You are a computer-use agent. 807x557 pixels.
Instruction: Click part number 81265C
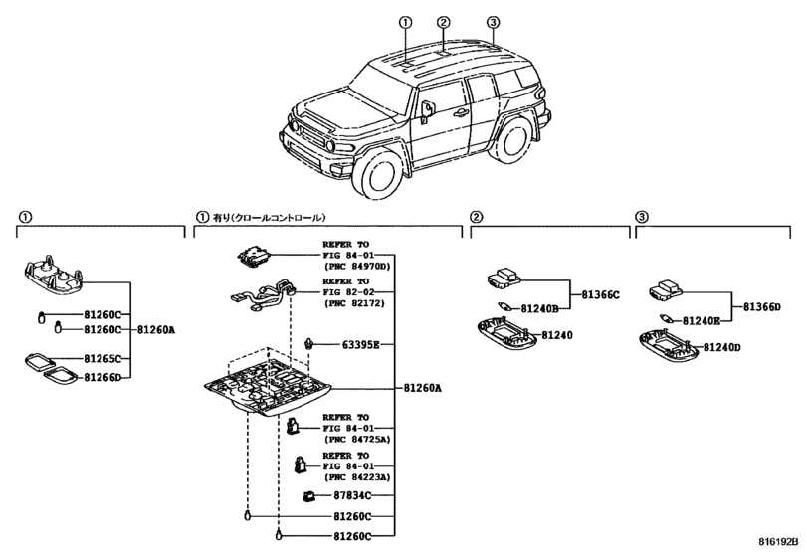tap(101, 358)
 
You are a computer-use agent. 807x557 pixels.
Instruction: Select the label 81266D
tap(101, 377)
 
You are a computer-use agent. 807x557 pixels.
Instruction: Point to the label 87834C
tap(351, 495)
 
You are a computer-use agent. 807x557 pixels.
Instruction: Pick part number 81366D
tap(762, 307)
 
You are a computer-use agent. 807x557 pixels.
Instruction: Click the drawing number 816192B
tap(777, 542)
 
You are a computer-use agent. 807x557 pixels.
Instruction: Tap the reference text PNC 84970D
tap(356, 267)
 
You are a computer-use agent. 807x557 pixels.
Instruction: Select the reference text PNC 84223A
tap(356, 476)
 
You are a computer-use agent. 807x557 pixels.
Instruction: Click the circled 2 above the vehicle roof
tap(444, 22)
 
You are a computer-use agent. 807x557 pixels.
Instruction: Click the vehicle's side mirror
tap(426, 109)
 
